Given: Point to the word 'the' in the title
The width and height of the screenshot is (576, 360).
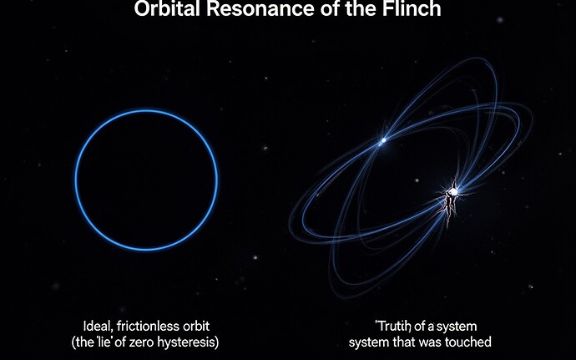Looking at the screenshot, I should coord(361,12).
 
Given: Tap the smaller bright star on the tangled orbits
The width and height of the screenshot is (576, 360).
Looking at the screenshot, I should coord(382,141).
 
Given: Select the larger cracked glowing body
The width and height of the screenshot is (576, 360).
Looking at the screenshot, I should coord(452,194).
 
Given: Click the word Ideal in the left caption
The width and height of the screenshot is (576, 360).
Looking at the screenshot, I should coord(97,325).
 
